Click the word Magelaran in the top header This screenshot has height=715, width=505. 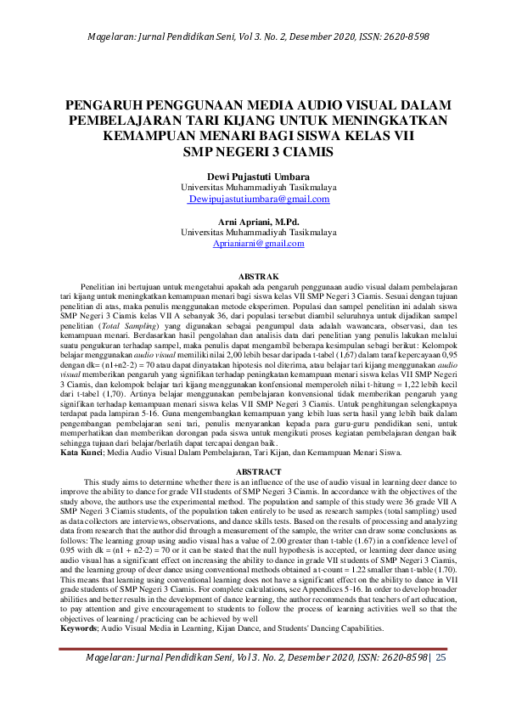pyautogui.click(x=115, y=37)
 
